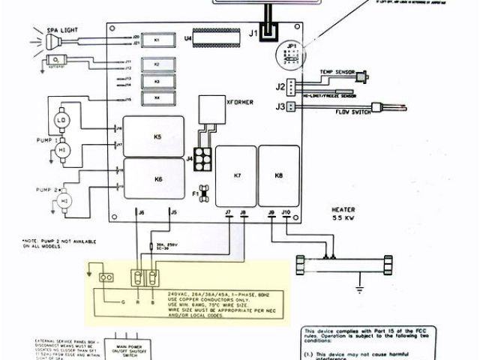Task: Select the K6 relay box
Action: [x=157, y=179]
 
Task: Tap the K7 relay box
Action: [x=236, y=175]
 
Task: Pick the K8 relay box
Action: [x=279, y=175]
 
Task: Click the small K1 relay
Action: [x=157, y=38]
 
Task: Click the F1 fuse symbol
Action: [x=201, y=193]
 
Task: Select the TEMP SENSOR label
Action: [x=336, y=71]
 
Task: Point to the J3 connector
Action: [x=279, y=106]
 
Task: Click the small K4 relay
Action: [x=157, y=97]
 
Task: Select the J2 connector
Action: [x=279, y=86]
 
